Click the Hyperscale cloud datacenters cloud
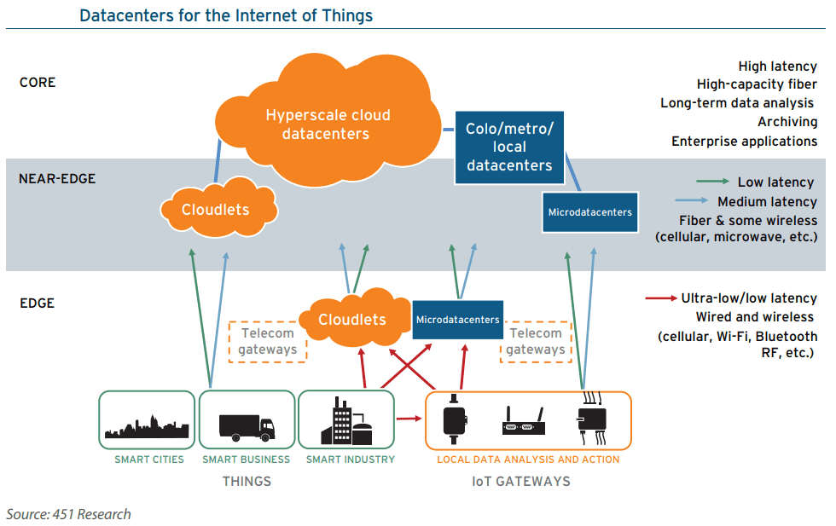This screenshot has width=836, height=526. point(328,122)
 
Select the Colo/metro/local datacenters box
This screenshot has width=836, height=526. point(509,147)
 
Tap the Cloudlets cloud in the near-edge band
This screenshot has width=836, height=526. point(218,209)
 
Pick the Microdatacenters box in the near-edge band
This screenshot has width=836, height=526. point(589,212)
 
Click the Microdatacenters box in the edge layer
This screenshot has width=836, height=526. point(457,319)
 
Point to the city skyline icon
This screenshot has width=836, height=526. point(147,426)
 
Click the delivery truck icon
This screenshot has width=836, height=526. point(247,428)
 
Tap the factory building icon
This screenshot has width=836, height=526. point(346,420)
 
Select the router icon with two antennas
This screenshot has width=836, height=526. point(524,421)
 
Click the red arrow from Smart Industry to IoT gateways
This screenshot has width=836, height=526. point(409,419)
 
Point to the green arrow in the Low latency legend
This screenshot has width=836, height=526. point(712,182)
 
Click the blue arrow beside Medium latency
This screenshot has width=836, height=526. point(692,200)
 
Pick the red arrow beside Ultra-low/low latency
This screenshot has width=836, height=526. point(661,298)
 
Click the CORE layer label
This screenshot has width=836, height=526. point(38,83)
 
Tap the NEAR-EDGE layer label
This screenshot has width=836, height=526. point(57,178)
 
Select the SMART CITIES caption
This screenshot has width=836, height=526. point(148,460)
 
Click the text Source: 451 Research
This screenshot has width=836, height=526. point(68,514)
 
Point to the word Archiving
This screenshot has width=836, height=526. point(787,122)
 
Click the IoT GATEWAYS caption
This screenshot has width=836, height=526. point(521,481)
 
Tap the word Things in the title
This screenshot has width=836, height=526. point(347,16)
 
